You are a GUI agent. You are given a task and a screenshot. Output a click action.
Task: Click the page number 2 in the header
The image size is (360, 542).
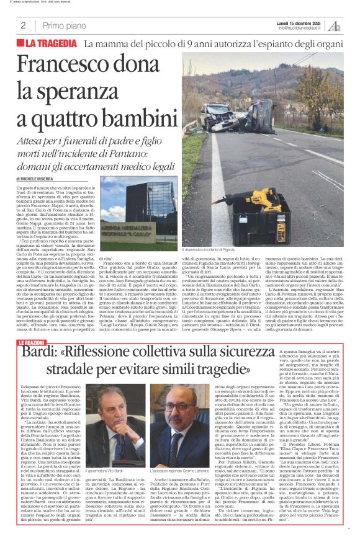pyautogui.click(x=22, y=25)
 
